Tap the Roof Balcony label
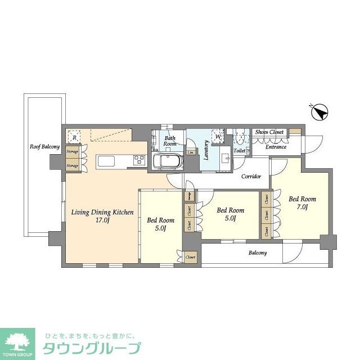[44, 147]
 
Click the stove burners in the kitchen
[139, 161]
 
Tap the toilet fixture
[241, 137]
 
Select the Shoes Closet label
[269, 132]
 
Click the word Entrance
[276, 147]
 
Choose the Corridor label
[251, 177]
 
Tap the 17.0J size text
[102, 221]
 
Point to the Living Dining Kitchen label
[102, 213]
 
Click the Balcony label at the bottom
[258, 253]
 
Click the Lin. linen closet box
[191, 152]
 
